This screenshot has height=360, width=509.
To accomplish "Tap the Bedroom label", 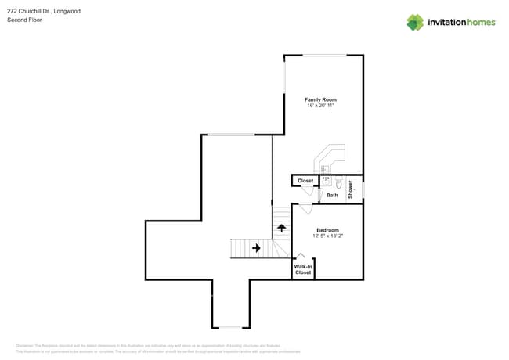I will pyautogui.click(x=327, y=230).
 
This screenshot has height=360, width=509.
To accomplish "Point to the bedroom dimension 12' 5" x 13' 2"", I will pyautogui.click(x=327, y=236).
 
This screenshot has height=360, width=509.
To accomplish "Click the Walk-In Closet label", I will pyautogui.click(x=303, y=269).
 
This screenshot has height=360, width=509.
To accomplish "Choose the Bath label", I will pyautogui.click(x=332, y=195).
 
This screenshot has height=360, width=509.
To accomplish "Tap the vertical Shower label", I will pyautogui.click(x=351, y=189).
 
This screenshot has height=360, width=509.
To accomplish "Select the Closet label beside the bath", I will pyautogui.click(x=305, y=181).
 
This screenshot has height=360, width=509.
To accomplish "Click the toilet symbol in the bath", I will pyautogui.click(x=339, y=184).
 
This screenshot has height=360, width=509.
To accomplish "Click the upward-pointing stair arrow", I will pyautogui.click(x=281, y=228).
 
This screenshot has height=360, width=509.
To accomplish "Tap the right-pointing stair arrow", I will pyautogui.click(x=256, y=248).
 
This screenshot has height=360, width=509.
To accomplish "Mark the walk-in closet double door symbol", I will pyautogui.click(x=301, y=256).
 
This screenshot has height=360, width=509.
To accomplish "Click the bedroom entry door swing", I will pyautogui.click(x=305, y=209).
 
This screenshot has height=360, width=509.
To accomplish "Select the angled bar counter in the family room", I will pyautogui.click(x=329, y=157).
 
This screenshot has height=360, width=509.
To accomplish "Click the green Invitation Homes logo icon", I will pyautogui.click(x=415, y=22).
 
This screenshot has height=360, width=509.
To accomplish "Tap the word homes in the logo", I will pyautogui.click(x=480, y=23).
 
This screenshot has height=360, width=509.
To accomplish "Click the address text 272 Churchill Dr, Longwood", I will pyautogui.click(x=43, y=12).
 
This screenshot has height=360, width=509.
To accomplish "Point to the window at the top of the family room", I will pyautogui.click(x=325, y=55).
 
